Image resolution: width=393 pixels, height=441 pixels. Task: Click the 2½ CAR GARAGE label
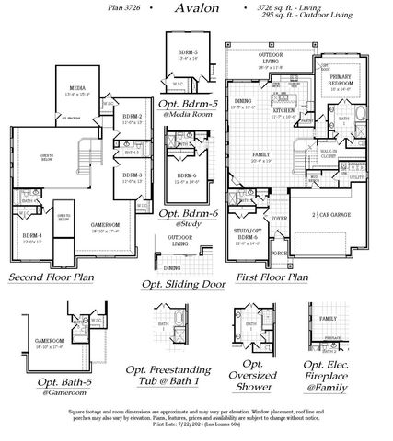(x=325, y=214)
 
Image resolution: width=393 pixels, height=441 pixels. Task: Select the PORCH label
(x=278, y=253)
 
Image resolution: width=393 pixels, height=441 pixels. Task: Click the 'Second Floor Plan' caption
(x=52, y=276)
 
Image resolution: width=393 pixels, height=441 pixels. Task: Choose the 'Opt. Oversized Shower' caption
(x=253, y=376)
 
